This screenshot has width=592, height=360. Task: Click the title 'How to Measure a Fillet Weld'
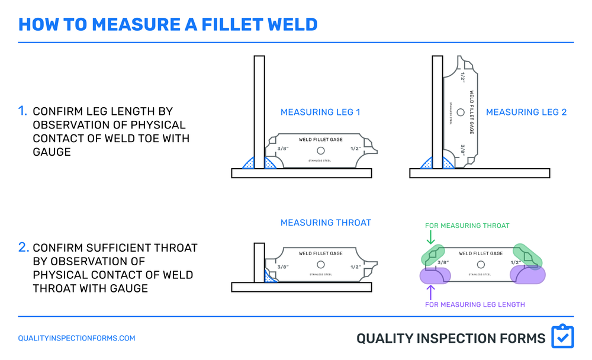point(168,24)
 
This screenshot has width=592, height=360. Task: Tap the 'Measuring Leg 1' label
point(320,112)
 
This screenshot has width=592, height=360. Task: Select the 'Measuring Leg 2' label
point(526,112)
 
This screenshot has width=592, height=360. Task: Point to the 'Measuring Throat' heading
point(326,223)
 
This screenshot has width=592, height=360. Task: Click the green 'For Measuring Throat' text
point(467,226)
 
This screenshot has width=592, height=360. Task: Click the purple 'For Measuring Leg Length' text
point(475,304)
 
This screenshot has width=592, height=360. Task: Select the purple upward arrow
point(430,291)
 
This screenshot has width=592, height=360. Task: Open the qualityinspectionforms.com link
point(76,338)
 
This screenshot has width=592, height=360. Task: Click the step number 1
point(22,111)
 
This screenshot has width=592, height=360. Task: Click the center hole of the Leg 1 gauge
point(320,150)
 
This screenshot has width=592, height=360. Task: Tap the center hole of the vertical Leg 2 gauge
point(461,112)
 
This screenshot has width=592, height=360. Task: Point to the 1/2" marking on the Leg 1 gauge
point(355,149)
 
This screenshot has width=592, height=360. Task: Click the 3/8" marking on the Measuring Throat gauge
point(282,266)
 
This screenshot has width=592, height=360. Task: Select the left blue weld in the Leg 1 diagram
point(248,163)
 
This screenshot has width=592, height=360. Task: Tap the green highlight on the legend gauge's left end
point(433,255)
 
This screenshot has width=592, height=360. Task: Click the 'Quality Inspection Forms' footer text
point(451,338)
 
